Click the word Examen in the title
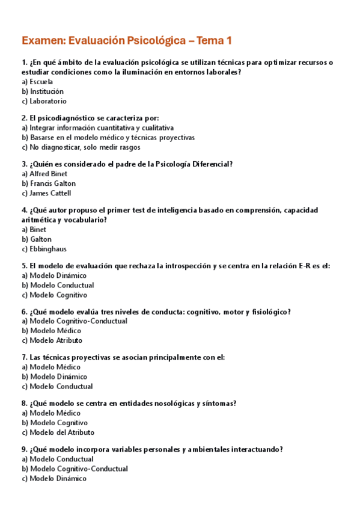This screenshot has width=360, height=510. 43,41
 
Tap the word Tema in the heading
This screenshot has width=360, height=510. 210,41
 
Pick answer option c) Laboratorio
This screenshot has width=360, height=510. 44,101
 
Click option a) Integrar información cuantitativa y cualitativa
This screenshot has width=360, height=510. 97,127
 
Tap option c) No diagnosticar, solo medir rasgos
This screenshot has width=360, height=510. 81,147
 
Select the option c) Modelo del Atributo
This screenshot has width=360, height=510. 58,432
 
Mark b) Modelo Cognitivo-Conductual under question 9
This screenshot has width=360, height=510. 75,469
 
